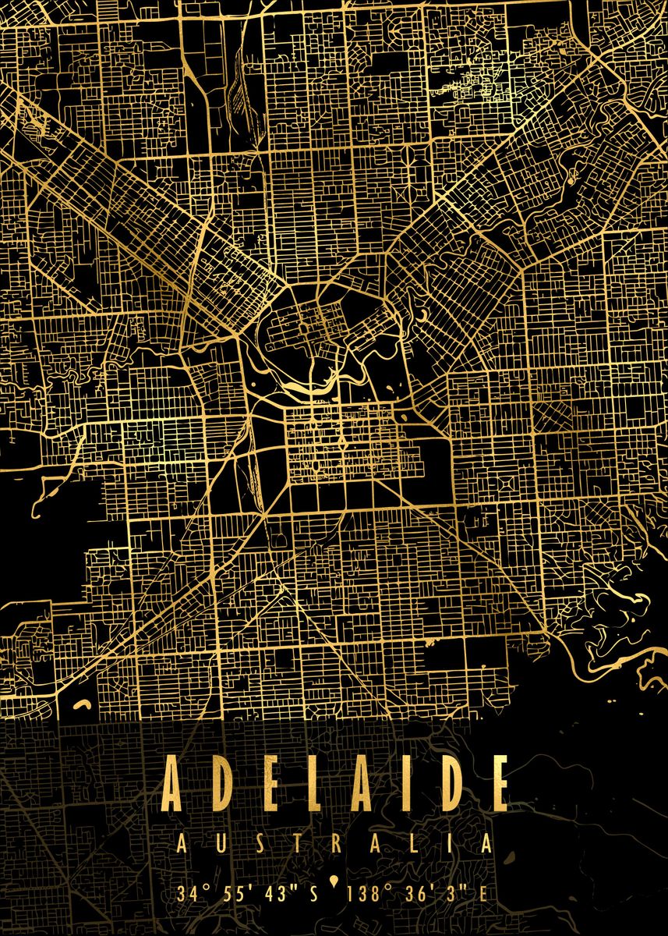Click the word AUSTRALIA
coord(334,844)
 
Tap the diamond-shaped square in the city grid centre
coord(341,442)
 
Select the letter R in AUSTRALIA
coord(336,844)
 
